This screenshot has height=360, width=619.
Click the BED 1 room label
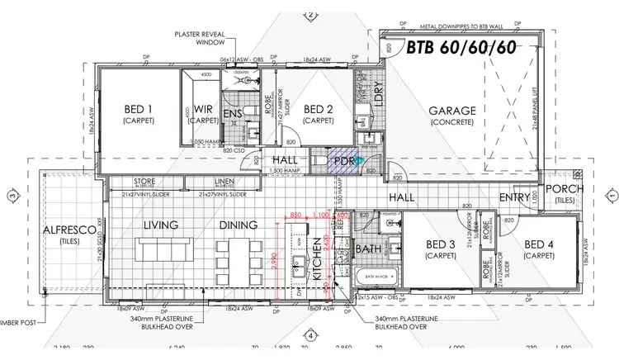(139, 109)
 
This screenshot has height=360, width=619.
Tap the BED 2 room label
(318, 109)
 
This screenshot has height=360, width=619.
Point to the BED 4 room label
(538, 244)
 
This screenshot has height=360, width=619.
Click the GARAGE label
(451, 111)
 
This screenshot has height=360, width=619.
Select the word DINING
(239, 225)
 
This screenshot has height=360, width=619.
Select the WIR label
(204, 109)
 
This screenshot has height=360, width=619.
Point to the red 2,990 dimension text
(273, 255)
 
